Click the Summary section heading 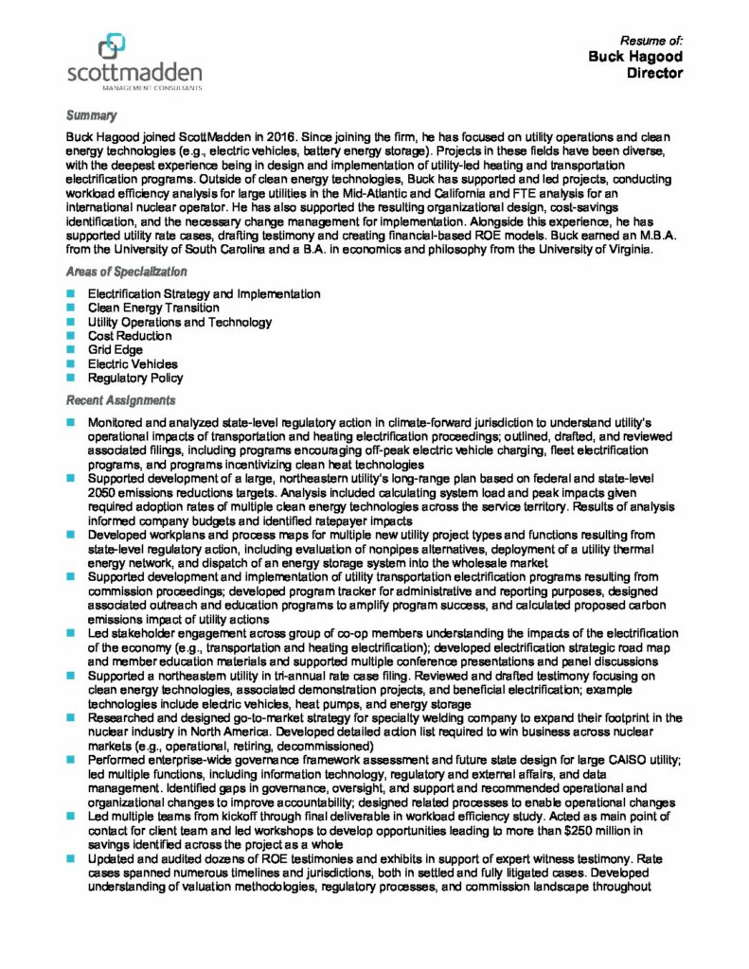[91, 115]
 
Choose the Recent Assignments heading [120, 400]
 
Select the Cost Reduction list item [130, 336]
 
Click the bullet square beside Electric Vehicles [70, 363]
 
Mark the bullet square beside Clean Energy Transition [70, 308]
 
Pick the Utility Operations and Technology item [180, 322]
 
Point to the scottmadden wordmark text [134, 73]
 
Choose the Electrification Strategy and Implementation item [204, 294]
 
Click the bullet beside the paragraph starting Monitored [70, 420]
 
